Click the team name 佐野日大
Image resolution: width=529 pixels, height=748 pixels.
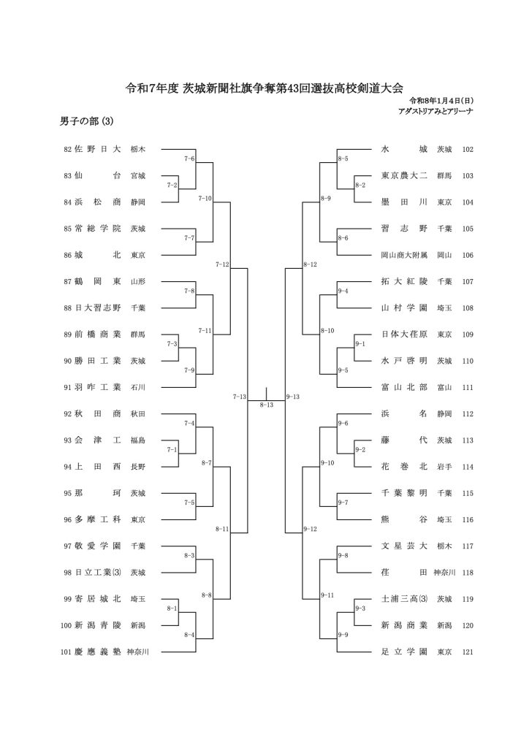[97, 149]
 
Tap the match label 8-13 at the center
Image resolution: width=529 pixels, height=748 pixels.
[266, 404]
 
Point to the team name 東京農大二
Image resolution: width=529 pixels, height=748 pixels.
[403, 176]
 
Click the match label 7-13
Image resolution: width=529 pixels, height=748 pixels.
[239, 397]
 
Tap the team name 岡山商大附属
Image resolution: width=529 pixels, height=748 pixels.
[403, 255]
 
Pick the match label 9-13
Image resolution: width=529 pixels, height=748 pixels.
[293, 397]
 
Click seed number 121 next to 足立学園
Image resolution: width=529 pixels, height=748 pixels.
[468, 651]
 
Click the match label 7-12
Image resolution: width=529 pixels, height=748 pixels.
[222, 264]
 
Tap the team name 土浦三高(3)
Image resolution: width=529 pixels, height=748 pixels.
[404, 598]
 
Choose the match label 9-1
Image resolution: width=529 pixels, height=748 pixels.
[359, 343]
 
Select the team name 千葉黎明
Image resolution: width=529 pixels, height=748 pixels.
[403, 493]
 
